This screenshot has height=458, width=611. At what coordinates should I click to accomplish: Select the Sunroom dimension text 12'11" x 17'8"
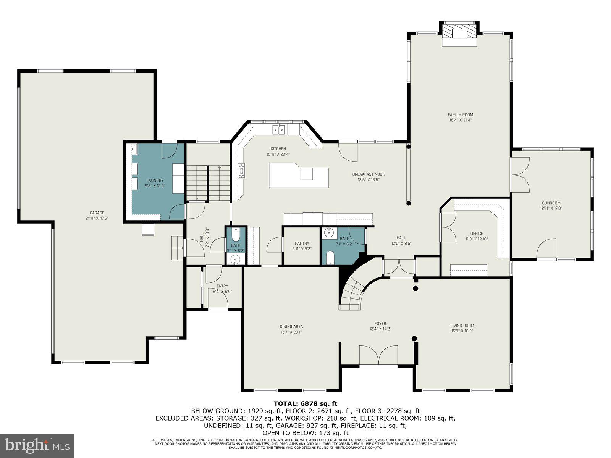[x=551, y=208]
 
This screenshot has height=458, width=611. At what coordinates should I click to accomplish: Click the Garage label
[x=97, y=213]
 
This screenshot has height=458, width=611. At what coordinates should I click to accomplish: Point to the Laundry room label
[x=155, y=181]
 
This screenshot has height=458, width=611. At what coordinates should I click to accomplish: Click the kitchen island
[x=298, y=176]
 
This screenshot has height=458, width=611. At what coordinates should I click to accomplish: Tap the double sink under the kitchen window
[x=279, y=130]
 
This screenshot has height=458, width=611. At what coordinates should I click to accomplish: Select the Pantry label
[x=302, y=243]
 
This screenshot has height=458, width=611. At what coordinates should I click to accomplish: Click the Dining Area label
[x=291, y=326]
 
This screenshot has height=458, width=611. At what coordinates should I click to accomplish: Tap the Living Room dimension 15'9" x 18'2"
[x=462, y=331]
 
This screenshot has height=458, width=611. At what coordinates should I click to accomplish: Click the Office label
[x=477, y=234]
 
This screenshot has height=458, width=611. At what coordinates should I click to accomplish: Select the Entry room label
[x=222, y=286]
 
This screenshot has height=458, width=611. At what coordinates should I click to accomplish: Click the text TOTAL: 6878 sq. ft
[x=305, y=403]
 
